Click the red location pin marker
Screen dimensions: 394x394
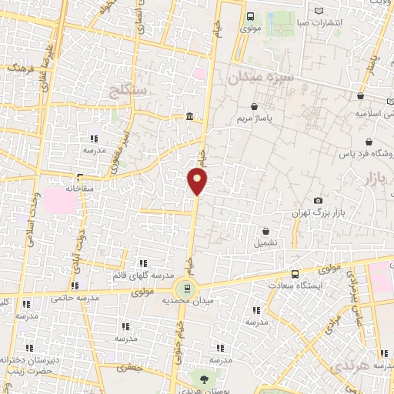pyautogui.click(x=198, y=182)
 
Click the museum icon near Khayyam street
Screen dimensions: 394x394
pyautogui.click(x=189, y=117)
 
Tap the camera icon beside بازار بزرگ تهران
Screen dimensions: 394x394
pyautogui.click(x=319, y=201)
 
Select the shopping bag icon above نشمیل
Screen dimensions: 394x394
pyautogui.click(x=266, y=231)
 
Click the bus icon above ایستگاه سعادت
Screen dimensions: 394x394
pyautogui.click(x=295, y=274)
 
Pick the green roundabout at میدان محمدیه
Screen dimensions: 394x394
pyautogui.click(x=184, y=289)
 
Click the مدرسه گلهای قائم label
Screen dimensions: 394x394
pyautogui.click(x=140, y=275)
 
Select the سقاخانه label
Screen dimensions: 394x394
pyautogui.click(x=79, y=187)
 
